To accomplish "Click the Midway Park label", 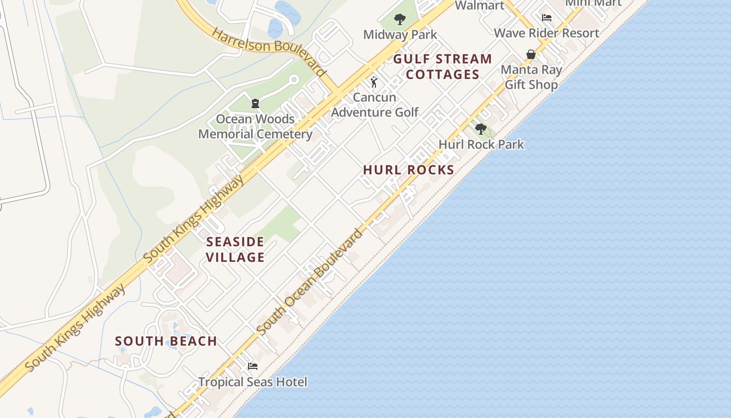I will (x=400, y=35).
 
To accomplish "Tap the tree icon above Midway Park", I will (x=400, y=20).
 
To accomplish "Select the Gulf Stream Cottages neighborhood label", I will (x=442, y=66).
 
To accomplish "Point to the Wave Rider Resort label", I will (x=546, y=33).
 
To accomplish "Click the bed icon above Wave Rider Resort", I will (x=546, y=18).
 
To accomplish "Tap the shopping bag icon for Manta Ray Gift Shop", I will (x=531, y=54).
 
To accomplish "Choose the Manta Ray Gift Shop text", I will (x=531, y=77).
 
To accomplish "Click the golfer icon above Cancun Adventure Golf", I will (x=374, y=82).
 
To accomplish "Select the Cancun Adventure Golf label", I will (x=374, y=104).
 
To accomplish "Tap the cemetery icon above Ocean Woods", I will (x=255, y=103).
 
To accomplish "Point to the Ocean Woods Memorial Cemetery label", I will (x=255, y=126).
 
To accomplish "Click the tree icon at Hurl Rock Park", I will (x=480, y=129).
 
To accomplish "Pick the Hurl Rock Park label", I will (x=481, y=144).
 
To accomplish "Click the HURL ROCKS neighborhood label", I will (x=408, y=170).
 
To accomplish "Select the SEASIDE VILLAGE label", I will (x=235, y=249).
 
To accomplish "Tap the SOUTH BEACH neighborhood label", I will (x=166, y=341).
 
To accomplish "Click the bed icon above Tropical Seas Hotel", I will (x=253, y=366).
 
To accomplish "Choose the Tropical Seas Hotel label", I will (x=253, y=382).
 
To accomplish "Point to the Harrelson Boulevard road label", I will (x=269, y=51).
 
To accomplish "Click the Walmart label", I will (x=479, y=6).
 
